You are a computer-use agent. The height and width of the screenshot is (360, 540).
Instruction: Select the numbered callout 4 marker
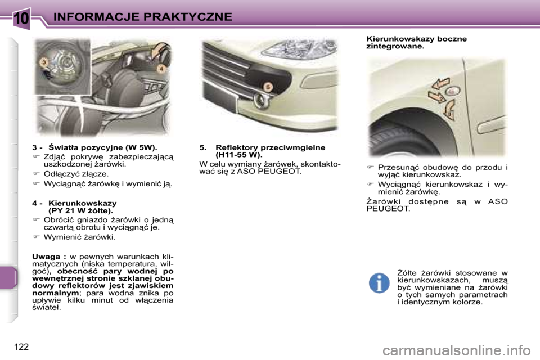(x=161, y=68)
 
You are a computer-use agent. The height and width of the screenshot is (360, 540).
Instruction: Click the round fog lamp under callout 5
(x=262, y=101)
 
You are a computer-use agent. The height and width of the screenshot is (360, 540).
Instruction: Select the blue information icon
(x=379, y=282)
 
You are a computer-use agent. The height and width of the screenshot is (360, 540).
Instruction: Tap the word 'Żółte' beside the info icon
(x=408, y=273)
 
